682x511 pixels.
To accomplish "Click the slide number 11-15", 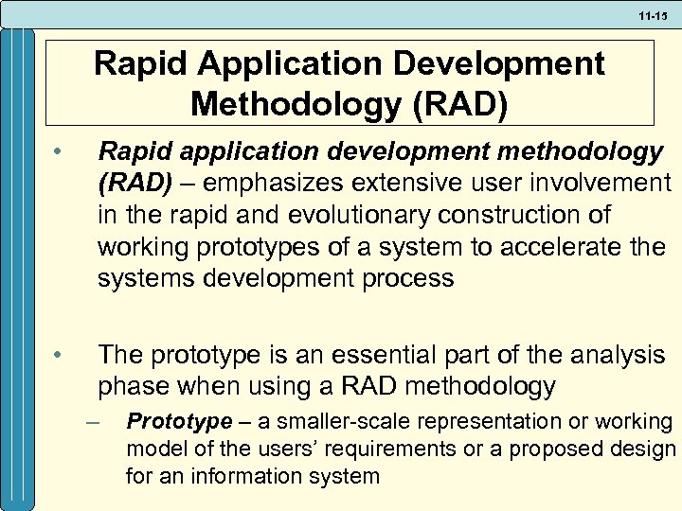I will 653,16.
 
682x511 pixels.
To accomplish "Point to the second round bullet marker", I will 58,356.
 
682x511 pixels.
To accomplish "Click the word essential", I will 378,355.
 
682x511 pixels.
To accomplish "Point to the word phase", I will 130,387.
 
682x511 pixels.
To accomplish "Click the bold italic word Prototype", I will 179,421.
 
